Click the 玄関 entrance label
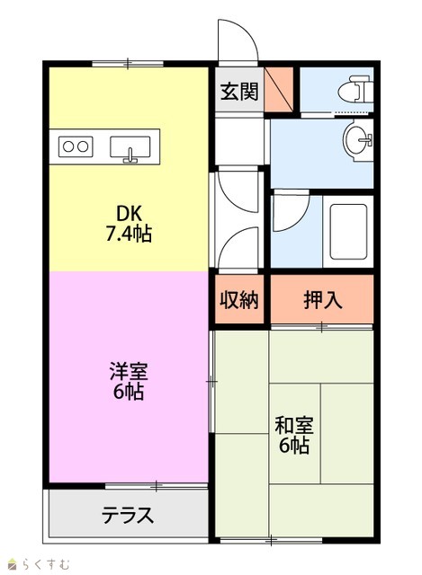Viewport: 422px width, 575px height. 239,92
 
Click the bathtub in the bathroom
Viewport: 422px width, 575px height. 348,232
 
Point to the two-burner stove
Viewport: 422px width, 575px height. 76,146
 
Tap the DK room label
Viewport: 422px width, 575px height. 129,213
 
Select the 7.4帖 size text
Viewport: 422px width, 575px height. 129,234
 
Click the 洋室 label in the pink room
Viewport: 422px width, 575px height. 129,371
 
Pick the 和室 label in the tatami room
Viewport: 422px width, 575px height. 294,425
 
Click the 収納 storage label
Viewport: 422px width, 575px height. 239,300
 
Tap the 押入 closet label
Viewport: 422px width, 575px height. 323,300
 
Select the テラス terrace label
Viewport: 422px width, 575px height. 128,515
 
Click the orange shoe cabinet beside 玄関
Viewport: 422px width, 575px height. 279,89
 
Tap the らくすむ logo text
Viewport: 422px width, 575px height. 46,563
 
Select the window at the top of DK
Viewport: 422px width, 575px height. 128,64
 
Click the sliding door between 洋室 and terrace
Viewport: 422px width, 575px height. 157,486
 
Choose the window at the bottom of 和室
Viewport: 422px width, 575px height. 271,540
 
